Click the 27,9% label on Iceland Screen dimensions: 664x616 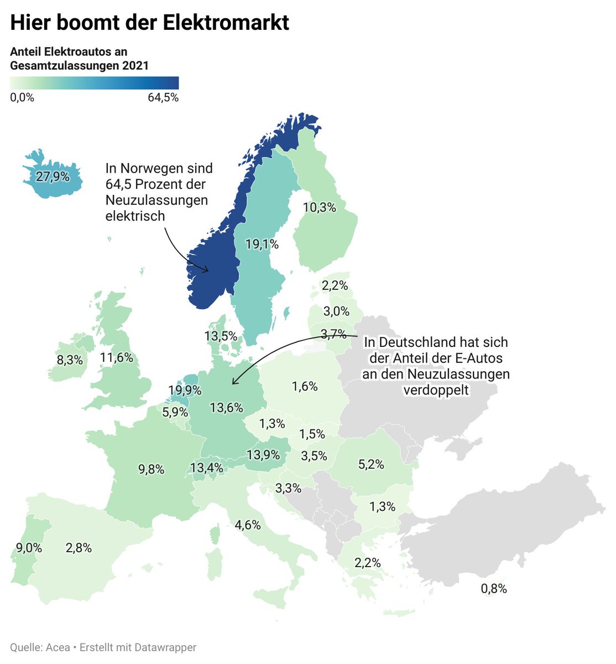[x=53, y=177]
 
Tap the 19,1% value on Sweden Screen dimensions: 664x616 [x=262, y=244]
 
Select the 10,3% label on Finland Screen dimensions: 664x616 [x=320, y=207]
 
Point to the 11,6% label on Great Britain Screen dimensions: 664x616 [x=117, y=357]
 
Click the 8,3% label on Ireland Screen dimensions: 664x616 [x=70, y=360]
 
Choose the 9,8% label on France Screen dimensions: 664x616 [x=152, y=469]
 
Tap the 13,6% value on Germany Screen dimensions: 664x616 [x=227, y=408]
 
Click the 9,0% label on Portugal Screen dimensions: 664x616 [x=29, y=548]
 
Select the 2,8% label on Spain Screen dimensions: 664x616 [x=79, y=548]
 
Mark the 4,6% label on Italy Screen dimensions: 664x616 [x=248, y=525]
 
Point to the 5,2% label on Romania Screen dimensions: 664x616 [x=371, y=464]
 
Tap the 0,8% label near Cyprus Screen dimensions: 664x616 [x=494, y=588]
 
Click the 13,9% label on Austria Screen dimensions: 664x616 [x=263, y=455]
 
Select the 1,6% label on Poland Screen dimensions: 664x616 [x=305, y=386]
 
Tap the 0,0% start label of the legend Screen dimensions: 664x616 [x=22, y=98]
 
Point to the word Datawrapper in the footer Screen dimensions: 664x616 [x=165, y=647]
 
